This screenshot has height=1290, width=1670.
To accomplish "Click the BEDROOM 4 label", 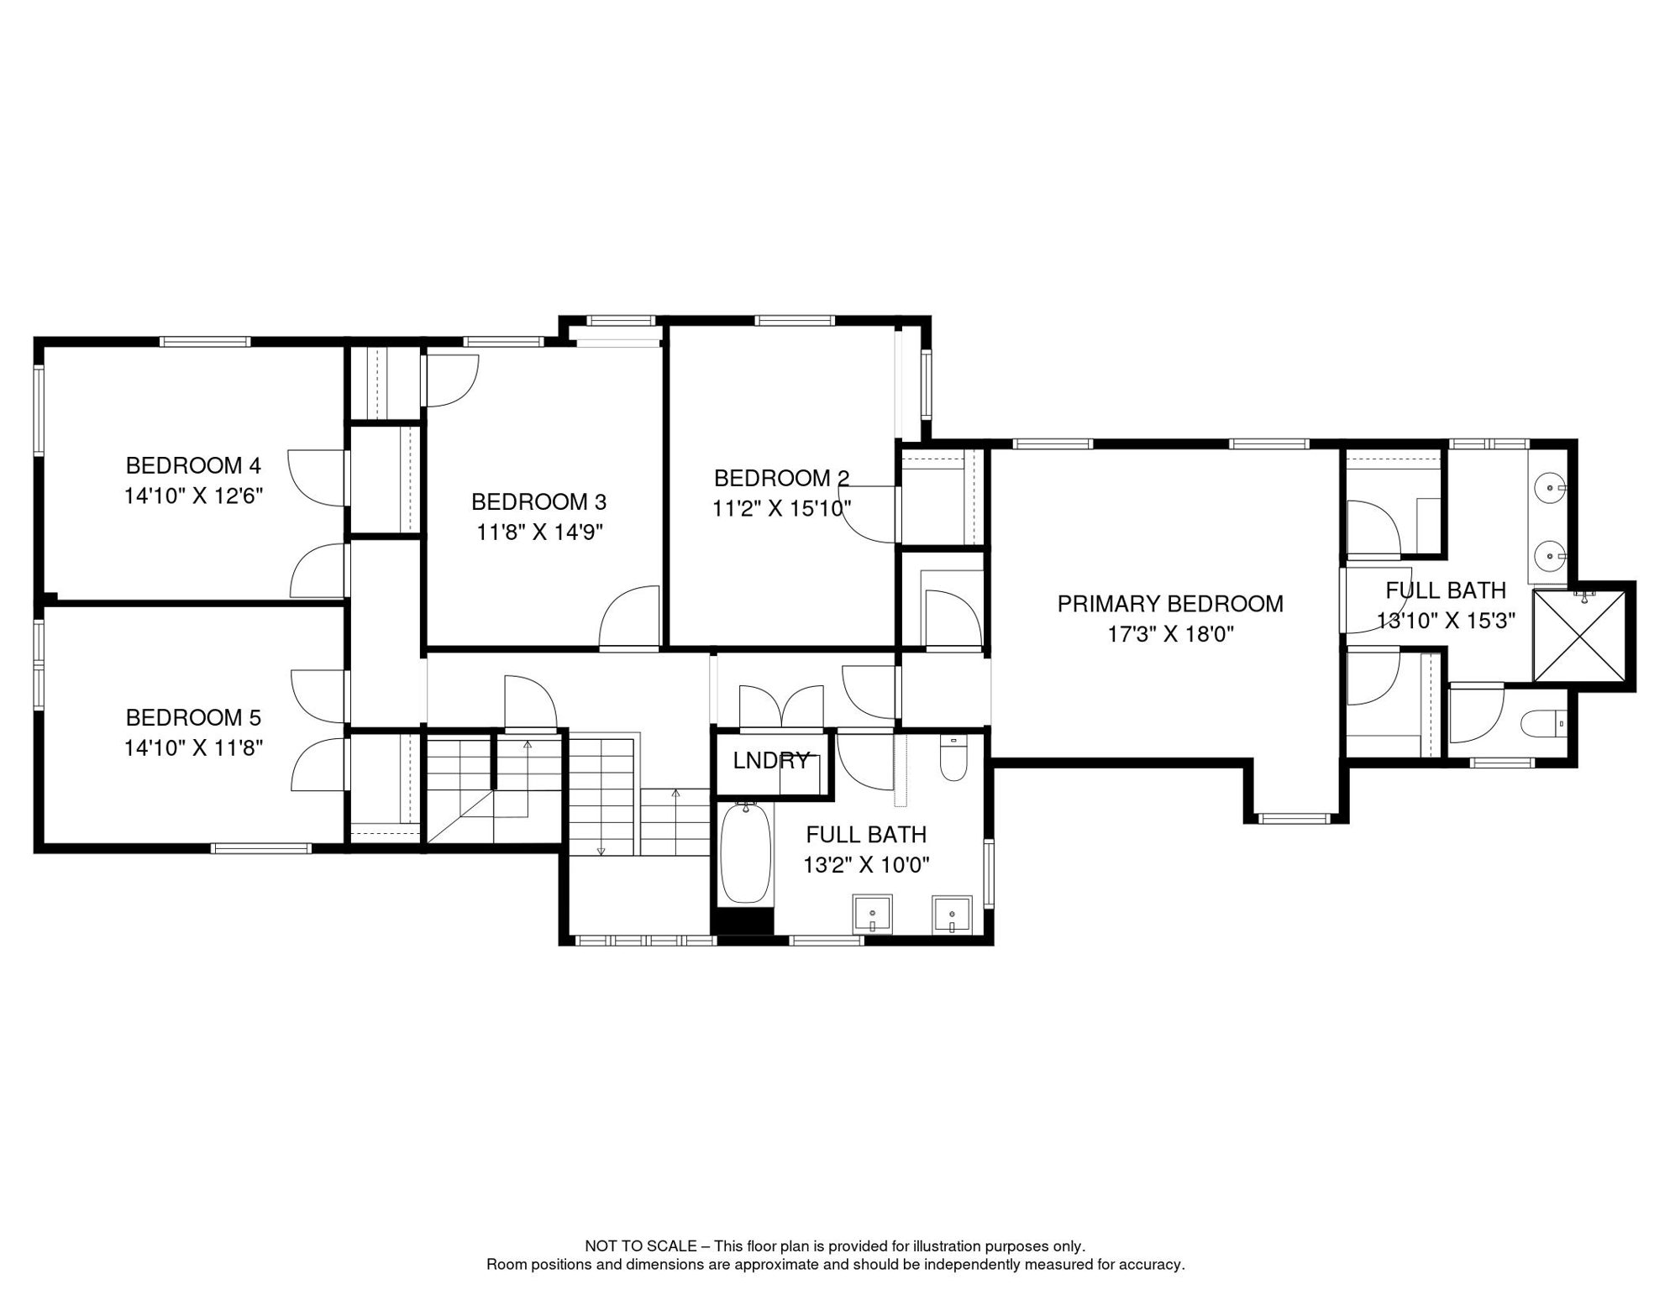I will [193, 465].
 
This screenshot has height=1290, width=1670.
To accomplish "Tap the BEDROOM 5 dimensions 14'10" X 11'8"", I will [193, 747].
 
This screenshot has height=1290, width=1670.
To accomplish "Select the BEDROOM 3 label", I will [538, 501].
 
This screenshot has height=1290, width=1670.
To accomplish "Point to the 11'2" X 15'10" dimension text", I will [781, 508].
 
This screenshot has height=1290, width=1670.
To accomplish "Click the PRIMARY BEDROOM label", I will [1169, 604].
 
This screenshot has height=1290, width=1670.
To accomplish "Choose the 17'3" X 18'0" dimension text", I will [1169, 634].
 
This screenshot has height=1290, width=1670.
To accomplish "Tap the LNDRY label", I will [770, 761].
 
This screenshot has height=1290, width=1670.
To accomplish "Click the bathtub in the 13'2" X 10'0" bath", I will [745, 853].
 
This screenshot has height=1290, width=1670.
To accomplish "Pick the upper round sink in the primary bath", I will [1549, 487].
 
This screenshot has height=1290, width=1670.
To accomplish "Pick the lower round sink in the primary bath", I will [1549, 556].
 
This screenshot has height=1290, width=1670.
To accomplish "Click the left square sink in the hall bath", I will [872, 915].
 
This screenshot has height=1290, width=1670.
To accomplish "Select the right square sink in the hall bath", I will [951, 915].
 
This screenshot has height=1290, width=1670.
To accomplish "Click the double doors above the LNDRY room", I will [781, 707].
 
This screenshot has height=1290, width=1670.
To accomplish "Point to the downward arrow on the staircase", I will [601, 850].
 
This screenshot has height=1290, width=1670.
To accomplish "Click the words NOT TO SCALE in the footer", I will [641, 1246].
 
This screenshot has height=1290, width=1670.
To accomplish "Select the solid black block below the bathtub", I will [742, 922].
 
